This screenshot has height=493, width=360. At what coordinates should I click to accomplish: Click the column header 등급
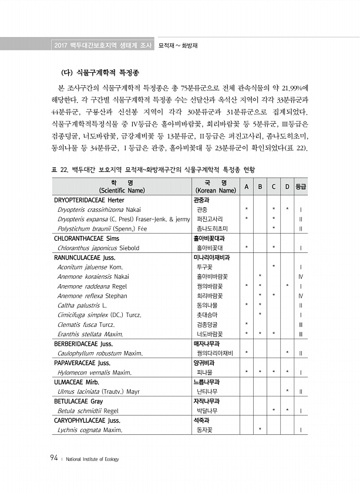tap(300, 187)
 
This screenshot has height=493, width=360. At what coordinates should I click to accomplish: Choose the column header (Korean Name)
tap(215, 191)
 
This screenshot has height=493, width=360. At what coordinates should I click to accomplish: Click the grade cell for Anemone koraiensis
tap(300, 276)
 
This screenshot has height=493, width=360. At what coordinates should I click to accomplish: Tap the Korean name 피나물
tap(205, 372)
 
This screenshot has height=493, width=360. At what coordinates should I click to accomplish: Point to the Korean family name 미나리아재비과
tap(212, 257)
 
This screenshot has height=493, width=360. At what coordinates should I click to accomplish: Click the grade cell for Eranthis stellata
tap(300, 334)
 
